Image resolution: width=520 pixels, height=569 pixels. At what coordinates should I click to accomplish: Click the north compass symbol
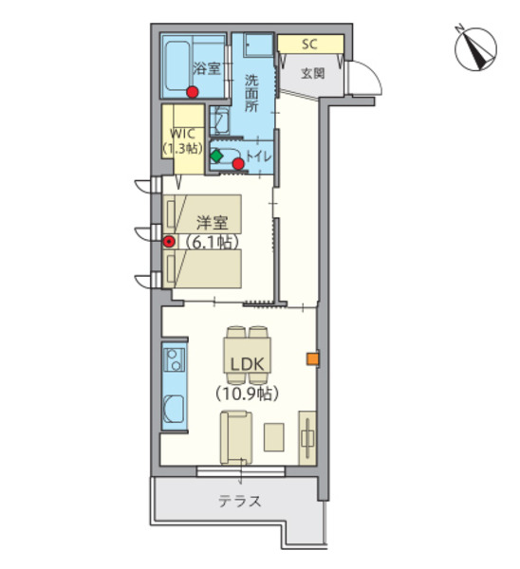click(475, 48)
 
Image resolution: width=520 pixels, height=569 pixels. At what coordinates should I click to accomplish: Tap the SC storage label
click(309, 44)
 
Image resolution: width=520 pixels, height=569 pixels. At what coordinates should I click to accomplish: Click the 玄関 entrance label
click(312, 74)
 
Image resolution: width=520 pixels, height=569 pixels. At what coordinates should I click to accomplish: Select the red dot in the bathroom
click(192, 92)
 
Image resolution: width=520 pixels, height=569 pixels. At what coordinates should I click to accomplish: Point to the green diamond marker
click(216, 156)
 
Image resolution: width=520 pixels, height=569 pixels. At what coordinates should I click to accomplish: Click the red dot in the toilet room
click(238, 164)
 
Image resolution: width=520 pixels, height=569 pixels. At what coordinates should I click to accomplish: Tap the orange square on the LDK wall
click(312, 358)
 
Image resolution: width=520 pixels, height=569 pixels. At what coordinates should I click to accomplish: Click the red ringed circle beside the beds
click(169, 242)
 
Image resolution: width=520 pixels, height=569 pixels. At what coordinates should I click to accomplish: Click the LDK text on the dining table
click(248, 364)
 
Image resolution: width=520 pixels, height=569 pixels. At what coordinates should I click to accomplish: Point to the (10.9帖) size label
click(248, 393)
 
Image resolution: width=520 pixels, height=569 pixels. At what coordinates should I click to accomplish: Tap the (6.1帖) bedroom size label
click(212, 242)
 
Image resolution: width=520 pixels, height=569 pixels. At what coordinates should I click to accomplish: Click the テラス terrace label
click(240, 502)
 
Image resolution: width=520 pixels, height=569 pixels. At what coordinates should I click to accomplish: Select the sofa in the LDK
click(236, 437)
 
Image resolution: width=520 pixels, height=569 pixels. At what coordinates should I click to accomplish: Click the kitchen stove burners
click(174, 359)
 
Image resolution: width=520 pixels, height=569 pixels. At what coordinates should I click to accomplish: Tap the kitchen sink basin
click(174, 409)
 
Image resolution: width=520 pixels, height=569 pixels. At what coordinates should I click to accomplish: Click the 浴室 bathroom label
click(206, 68)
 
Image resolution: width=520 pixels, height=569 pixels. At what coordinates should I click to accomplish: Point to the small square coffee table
click(274, 437)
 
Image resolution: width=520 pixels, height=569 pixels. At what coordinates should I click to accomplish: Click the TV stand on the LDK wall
click(307, 438)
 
